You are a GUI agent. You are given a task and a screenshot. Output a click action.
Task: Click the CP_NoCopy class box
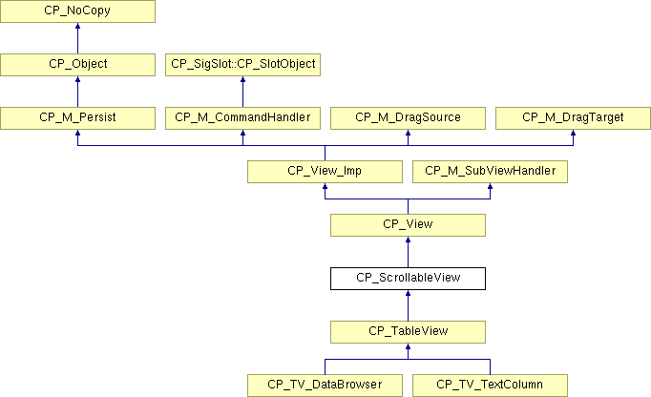[x=77, y=11]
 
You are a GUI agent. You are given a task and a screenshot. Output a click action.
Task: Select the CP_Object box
[x=77, y=64]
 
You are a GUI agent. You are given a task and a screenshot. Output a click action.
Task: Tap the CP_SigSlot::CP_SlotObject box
[x=242, y=64]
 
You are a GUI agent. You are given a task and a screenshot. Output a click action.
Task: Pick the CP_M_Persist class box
[x=77, y=118]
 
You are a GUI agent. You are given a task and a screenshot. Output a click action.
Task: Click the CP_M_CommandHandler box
[x=242, y=118]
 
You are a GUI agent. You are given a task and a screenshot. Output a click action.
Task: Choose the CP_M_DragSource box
[x=408, y=118]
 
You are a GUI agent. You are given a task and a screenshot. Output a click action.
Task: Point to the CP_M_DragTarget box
[x=573, y=118]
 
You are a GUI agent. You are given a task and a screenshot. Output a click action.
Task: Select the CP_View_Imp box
[x=325, y=172]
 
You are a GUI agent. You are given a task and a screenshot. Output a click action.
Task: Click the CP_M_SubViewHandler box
[x=490, y=172]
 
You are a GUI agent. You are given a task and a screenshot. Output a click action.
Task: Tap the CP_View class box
[x=408, y=225]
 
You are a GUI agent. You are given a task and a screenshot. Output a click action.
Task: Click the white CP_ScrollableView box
[x=408, y=279]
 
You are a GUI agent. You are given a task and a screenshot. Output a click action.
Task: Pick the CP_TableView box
[x=408, y=332]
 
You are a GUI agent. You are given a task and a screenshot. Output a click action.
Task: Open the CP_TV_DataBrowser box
[x=325, y=386]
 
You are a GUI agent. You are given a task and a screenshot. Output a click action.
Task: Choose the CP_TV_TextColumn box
[x=490, y=386]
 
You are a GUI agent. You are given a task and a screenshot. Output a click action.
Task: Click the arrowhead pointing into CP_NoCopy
[x=77, y=26]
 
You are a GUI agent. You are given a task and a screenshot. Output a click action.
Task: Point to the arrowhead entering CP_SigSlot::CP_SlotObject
[x=242, y=79]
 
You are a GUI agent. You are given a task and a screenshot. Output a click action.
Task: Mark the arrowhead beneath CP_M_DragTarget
[x=573, y=133]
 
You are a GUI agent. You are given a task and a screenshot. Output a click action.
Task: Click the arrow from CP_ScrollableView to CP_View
[x=408, y=252]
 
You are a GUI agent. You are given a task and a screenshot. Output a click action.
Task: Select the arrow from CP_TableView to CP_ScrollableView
[x=408, y=305]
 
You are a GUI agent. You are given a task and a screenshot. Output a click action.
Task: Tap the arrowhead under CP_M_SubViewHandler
[x=490, y=186]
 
